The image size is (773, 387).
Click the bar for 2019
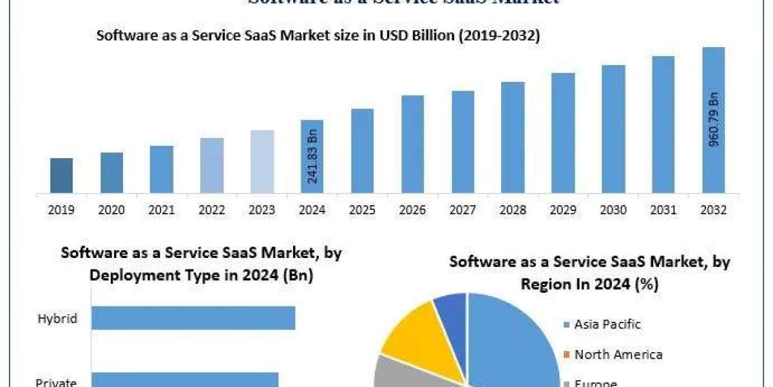(61, 175)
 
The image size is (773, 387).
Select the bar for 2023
(262, 161)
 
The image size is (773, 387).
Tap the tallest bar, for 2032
(713, 120)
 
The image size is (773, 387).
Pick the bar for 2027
(463, 142)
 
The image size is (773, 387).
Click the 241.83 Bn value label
(312, 157)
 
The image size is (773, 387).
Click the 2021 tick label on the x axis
(162, 210)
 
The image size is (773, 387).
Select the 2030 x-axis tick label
(613, 210)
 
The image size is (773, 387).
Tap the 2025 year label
(363, 210)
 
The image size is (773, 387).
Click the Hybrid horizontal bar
(193, 318)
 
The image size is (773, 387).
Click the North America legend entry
(618, 354)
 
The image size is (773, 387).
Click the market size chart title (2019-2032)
(318, 36)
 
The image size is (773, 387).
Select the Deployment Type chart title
(201, 264)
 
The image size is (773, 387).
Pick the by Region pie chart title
(589, 273)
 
